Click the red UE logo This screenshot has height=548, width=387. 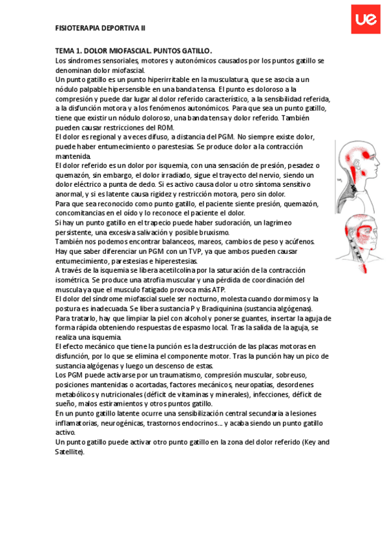point(366,21)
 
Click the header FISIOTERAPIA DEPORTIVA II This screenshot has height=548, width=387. point(101,29)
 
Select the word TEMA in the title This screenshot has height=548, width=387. point(67,51)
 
